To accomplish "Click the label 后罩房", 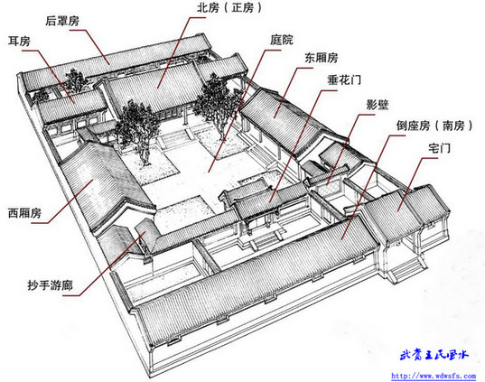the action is [x=62, y=21].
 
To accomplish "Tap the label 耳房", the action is [x=19, y=42].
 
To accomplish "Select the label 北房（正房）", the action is [x=229, y=8].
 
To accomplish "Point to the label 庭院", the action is [x=281, y=40].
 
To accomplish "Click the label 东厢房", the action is [x=321, y=58].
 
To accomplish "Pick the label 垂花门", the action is [x=344, y=80].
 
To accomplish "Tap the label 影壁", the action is [x=377, y=105].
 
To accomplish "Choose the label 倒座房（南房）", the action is [x=434, y=126].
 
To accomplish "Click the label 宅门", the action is [x=439, y=148].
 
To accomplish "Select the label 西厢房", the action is [x=24, y=213].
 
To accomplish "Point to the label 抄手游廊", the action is [x=50, y=284].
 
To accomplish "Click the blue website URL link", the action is [x=434, y=376].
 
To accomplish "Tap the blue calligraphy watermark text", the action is [x=434, y=355].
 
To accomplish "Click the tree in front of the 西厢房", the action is [x=137, y=132].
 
